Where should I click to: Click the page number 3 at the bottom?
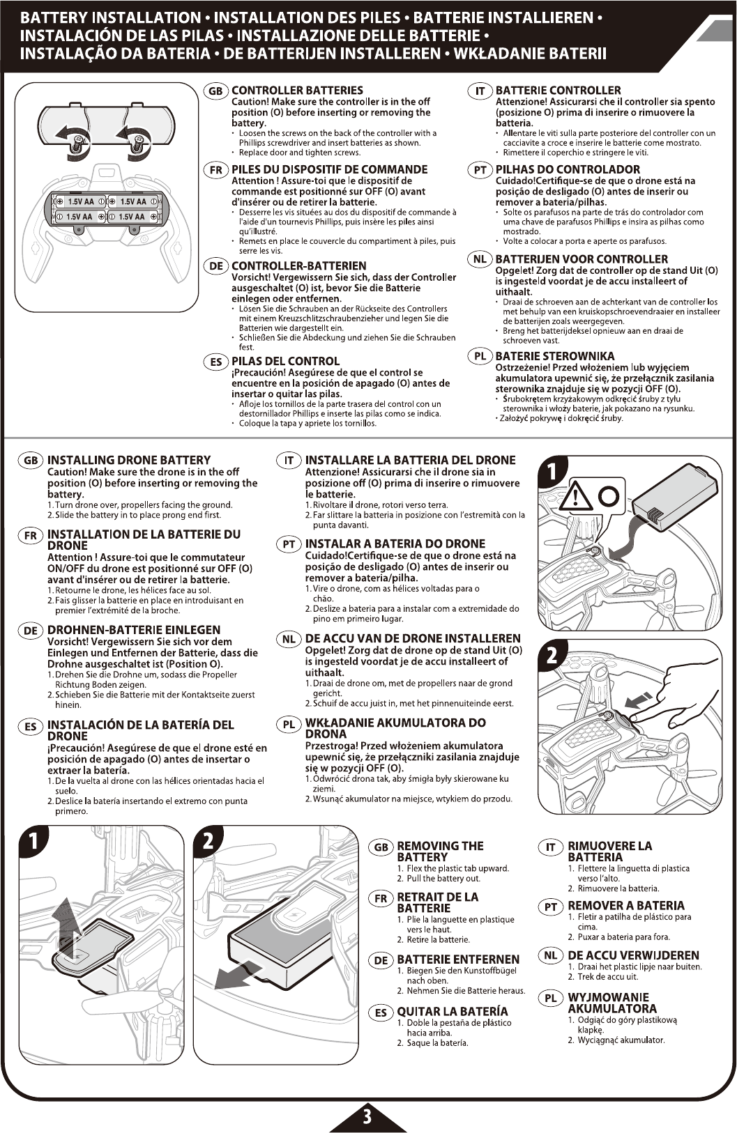click(x=367, y=1117)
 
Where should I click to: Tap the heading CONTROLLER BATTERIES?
click(x=297, y=91)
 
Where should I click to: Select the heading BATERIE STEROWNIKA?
click(x=554, y=356)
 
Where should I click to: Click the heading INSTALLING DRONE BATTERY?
click(x=128, y=460)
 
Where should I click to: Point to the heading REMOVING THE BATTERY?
click(x=439, y=851)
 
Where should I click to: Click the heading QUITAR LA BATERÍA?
click(x=453, y=1011)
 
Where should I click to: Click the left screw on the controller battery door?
click(x=78, y=143)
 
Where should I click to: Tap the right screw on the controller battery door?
click(x=139, y=143)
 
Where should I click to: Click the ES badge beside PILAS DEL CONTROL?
click(x=215, y=362)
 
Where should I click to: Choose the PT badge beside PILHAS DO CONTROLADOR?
click(x=480, y=170)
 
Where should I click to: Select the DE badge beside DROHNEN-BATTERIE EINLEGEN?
click(x=31, y=631)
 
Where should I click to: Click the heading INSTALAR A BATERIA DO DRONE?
click(x=395, y=544)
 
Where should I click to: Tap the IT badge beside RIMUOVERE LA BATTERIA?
click(x=550, y=847)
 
